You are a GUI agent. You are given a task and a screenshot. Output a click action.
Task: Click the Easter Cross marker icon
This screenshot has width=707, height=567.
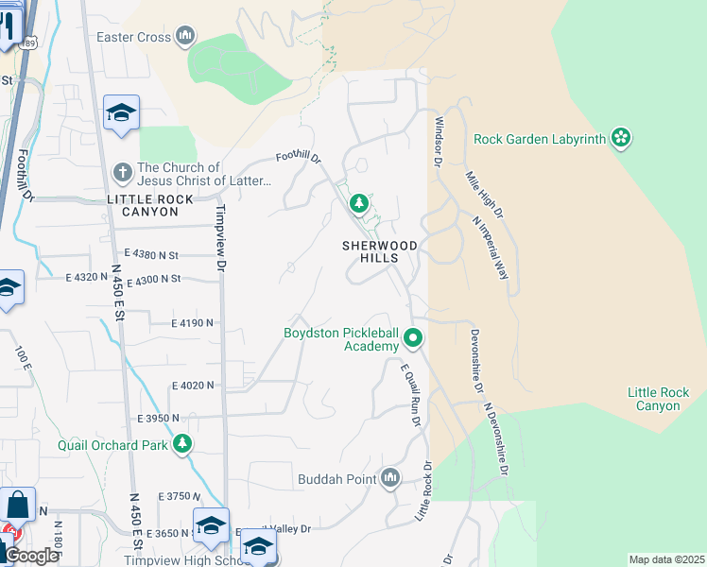pyautogui.click(x=185, y=37)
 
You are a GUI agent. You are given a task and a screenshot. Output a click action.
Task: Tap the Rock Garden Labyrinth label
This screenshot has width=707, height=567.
pyautogui.click(x=539, y=139)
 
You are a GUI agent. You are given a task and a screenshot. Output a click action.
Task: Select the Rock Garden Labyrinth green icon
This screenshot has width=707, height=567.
pyautogui.click(x=620, y=139)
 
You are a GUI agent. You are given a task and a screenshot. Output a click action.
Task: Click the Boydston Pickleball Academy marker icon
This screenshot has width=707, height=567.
pyautogui.click(x=413, y=337)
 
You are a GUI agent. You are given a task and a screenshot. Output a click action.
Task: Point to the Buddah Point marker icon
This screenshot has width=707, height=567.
pyautogui.click(x=389, y=478)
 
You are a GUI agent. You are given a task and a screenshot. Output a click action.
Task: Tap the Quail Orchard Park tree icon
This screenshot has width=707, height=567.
pyautogui.click(x=182, y=443)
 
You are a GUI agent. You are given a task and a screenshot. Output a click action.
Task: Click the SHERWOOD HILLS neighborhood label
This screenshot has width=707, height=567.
pyautogui.click(x=381, y=251)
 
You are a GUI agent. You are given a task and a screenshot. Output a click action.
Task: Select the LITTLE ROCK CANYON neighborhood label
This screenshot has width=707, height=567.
pyautogui.click(x=150, y=205)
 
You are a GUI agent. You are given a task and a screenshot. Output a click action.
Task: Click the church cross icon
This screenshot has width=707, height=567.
pyautogui.click(x=122, y=173)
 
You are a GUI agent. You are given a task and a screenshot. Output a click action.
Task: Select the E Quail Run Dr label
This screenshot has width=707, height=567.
pyautogui.click(x=409, y=395)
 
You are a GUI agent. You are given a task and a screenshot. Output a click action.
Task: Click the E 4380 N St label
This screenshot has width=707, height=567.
pyautogui.click(x=151, y=254)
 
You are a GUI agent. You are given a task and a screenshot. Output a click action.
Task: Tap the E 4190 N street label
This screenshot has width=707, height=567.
pyautogui.click(x=193, y=323)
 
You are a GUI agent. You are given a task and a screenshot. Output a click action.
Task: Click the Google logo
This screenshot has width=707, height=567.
pyautogui.click(x=30, y=556)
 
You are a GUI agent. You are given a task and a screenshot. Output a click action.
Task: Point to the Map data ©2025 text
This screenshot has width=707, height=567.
pyautogui.click(x=666, y=559)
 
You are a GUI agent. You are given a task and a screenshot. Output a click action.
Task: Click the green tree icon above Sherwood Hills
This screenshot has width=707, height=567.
pyautogui.click(x=359, y=203)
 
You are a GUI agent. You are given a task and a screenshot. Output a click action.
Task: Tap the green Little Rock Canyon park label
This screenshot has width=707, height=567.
pyautogui.click(x=658, y=399)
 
